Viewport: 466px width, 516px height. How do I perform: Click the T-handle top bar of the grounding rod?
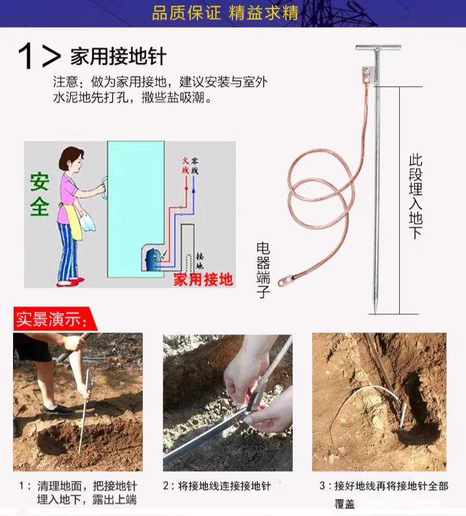(x=378, y=47)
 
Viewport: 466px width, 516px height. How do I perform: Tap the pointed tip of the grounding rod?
(x=375, y=313)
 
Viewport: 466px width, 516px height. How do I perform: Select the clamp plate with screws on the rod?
(x=368, y=75)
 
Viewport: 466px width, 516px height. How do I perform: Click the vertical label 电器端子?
(x=263, y=270)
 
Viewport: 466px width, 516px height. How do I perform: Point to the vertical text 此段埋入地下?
(x=415, y=196)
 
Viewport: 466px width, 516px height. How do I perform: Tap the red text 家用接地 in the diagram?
(x=203, y=279)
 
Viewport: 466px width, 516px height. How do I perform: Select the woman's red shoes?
(x=71, y=282)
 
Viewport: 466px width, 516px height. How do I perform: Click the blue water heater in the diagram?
(x=153, y=260)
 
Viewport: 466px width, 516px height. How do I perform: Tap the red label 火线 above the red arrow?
(x=186, y=165)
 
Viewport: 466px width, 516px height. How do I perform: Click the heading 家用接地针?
(x=118, y=56)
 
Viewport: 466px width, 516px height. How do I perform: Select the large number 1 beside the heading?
(x=25, y=56)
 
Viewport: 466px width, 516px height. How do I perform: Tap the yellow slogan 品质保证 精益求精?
(x=225, y=13)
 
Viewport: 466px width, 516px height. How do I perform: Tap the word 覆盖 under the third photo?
(x=345, y=504)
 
